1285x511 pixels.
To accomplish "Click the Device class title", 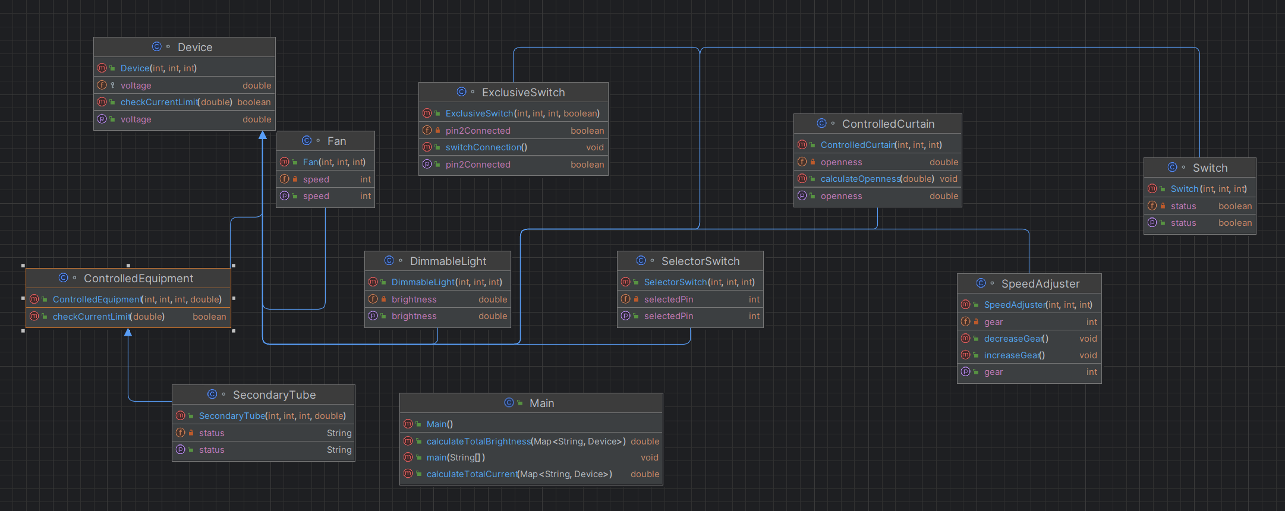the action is tap(195, 48).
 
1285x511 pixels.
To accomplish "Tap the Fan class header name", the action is tap(336, 141).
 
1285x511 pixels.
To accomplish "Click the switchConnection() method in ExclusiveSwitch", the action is tap(486, 147).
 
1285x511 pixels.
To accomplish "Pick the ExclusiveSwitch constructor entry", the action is tap(522, 113).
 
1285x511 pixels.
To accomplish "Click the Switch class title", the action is tap(1210, 168).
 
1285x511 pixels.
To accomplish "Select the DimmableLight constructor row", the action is tap(446, 282).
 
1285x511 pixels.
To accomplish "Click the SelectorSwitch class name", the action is tap(700, 261).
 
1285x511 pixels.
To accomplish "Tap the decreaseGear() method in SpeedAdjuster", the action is tap(1016, 339).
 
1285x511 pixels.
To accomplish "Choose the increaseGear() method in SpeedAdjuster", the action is tap(1014, 355).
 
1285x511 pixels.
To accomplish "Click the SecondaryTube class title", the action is tap(274, 395).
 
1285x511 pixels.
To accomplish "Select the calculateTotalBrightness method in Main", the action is tap(526, 441).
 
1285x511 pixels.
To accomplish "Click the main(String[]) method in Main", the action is tap(456, 458).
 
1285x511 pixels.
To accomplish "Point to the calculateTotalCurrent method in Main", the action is tap(519, 474).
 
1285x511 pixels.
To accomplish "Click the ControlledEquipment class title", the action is tap(138, 279).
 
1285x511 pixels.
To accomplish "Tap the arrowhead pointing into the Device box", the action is tap(263, 135).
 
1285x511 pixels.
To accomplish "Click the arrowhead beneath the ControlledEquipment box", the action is tap(128, 332).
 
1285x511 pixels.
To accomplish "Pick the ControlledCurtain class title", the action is tap(888, 124).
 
